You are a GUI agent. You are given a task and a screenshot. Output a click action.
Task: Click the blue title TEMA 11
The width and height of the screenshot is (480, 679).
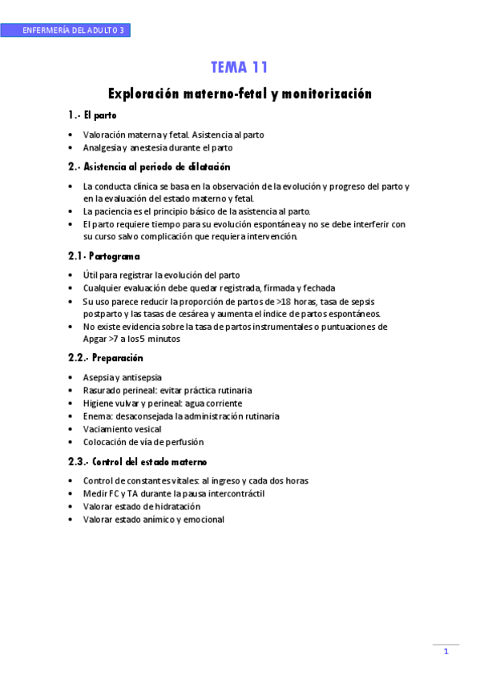240,67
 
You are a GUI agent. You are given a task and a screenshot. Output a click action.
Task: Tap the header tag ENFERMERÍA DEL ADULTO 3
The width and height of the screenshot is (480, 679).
74,30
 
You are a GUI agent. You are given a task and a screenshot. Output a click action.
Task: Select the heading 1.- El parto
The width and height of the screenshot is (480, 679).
93,115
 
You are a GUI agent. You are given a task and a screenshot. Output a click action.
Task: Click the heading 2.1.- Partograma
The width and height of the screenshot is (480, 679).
105,256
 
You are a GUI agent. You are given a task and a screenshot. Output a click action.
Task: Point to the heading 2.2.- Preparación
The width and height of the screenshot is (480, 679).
106,357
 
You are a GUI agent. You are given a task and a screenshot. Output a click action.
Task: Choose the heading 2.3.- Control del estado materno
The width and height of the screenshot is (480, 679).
138,462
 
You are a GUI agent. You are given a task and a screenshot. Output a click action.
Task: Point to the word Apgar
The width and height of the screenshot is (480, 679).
95,339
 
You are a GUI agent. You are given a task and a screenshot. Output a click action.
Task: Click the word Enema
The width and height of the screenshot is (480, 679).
96,416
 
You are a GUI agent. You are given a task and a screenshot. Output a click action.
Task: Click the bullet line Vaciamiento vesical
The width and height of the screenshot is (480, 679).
122,429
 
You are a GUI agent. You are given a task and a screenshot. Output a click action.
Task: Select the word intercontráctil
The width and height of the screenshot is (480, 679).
233,493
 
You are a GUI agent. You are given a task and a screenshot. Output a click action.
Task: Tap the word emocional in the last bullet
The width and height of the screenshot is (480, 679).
202,519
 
